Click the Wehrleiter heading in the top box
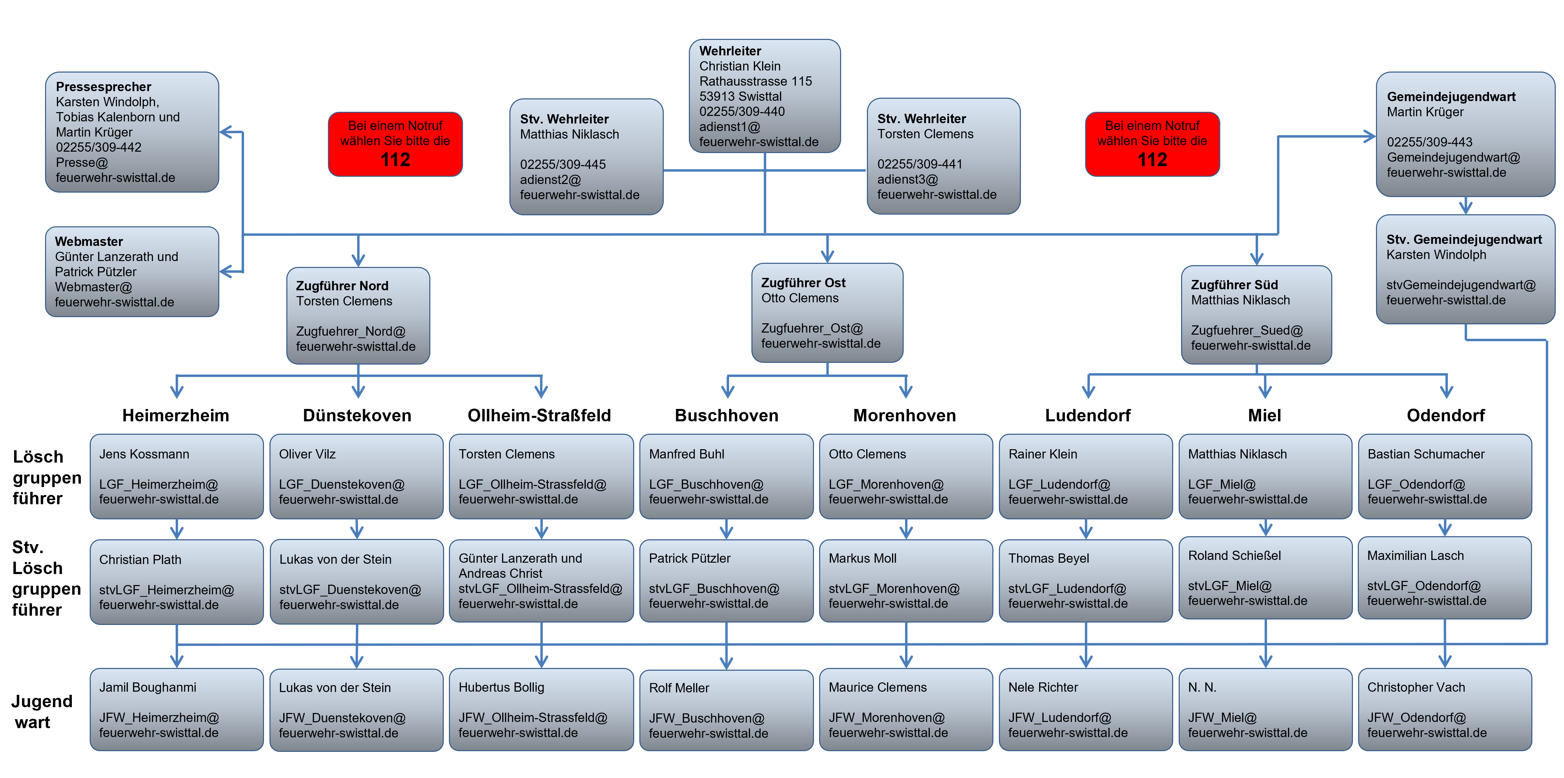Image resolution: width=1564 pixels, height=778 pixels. (730, 51)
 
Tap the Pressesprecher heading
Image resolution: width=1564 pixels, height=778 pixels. (103, 87)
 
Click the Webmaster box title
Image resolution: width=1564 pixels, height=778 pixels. (89, 242)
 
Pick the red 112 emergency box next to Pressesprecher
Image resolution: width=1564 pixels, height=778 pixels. (395, 144)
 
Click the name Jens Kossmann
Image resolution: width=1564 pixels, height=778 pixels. (144, 454)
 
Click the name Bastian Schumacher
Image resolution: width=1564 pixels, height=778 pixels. (1425, 454)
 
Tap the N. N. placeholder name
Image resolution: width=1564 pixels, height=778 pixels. (1202, 688)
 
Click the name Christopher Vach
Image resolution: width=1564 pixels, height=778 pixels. (1416, 688)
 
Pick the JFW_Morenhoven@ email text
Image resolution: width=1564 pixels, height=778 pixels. (886, 718)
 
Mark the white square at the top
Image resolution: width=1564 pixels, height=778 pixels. (291, 20)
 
